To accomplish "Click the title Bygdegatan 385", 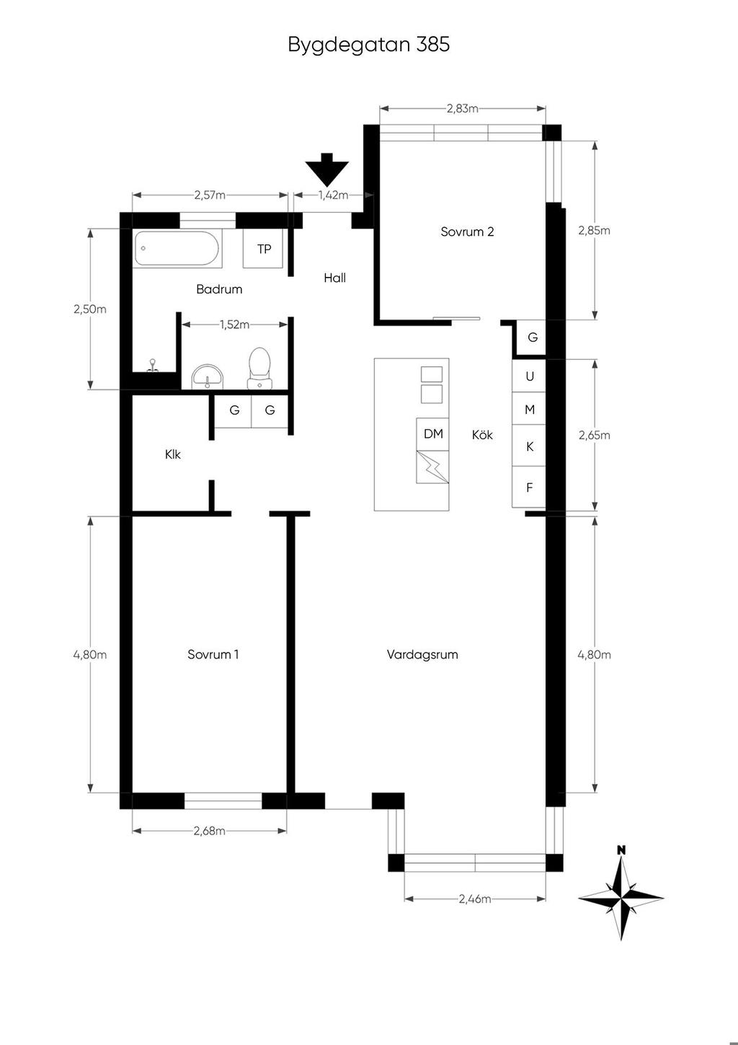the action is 369,45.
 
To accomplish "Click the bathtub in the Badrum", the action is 177,249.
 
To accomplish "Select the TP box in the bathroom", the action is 263,249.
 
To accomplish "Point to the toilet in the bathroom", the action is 260,368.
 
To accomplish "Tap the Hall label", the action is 334,278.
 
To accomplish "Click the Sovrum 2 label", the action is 467,232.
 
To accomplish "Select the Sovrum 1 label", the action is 213,655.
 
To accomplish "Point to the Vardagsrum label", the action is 422,655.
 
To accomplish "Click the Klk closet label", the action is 172,454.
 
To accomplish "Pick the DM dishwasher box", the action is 432,434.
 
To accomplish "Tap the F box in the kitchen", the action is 529,487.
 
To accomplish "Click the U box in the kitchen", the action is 529,376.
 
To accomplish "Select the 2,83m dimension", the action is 463,109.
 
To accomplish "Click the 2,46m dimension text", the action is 475,899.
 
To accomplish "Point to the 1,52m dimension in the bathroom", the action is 234,325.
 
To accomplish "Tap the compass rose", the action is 621,897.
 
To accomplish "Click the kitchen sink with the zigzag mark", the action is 432,467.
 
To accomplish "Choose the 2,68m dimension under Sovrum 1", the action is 209,831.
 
